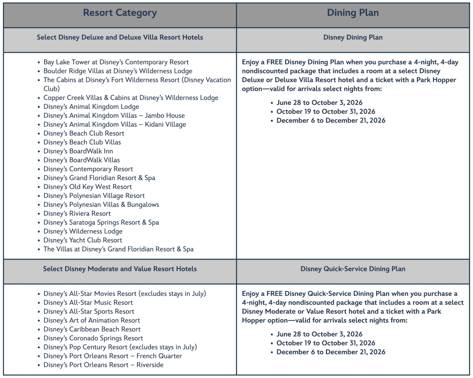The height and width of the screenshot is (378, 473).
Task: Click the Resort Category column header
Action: [120, 13]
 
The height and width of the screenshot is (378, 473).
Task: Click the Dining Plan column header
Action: [353, 13]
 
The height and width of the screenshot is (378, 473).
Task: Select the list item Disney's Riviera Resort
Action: [77, 213]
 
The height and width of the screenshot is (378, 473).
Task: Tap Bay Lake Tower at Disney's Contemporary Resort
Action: [116, 62]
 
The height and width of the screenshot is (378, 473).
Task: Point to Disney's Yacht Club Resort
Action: [83, 240]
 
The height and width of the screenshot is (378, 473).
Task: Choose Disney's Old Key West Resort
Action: [87, 187]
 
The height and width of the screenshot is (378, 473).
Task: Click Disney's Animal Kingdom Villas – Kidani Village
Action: [115, 124]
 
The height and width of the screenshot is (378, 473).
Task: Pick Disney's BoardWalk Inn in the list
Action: [78, 151]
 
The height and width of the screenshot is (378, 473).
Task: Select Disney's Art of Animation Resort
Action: [92, 320]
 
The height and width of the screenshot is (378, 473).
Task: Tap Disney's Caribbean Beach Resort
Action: [92, 329]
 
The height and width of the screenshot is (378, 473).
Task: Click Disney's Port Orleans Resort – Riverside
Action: [103, 365]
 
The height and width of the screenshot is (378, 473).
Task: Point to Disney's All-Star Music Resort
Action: [88, 302]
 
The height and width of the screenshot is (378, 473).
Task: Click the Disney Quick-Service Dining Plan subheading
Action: [353, 269]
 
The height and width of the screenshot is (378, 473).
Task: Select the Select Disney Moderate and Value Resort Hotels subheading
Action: [120, 269]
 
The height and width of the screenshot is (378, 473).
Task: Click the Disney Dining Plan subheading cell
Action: [353, 37]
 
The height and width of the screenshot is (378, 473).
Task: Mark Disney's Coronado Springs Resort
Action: [93, 338]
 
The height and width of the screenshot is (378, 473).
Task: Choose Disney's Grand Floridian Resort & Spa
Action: [99, 178]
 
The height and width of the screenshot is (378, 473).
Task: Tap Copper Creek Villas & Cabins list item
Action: [131, 98]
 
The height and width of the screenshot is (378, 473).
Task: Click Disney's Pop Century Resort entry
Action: [120, 347]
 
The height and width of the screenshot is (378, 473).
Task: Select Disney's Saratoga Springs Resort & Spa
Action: [101, 222]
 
